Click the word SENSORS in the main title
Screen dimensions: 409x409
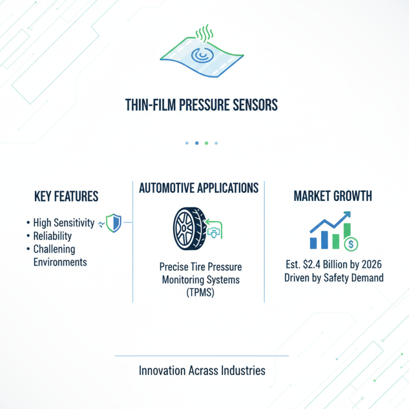coord(252,105)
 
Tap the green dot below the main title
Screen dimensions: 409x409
coord(206,143)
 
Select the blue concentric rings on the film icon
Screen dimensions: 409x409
coord(198,54)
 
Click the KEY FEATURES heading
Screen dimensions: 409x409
coord(66,196)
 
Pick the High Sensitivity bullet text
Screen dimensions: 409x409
coord(64,223)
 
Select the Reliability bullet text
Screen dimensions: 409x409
coord(52,236)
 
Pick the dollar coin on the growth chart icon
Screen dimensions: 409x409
coord(350,245)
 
